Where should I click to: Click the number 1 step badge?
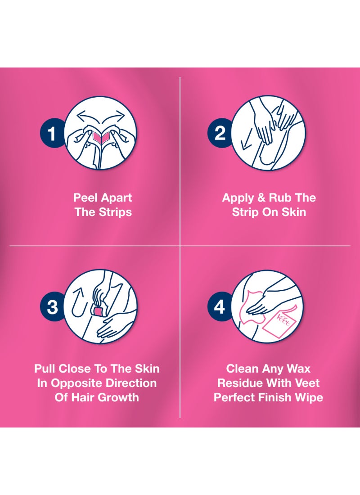[52, 133]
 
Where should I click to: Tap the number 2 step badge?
[220, 133]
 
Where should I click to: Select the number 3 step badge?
[52, 306]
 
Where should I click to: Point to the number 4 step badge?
[220, 306]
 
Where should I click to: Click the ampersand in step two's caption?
[261, 198]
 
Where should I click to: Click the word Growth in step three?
[120, 397]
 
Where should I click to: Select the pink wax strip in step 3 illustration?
[97, 311]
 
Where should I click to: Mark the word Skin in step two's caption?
[294, 212]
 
